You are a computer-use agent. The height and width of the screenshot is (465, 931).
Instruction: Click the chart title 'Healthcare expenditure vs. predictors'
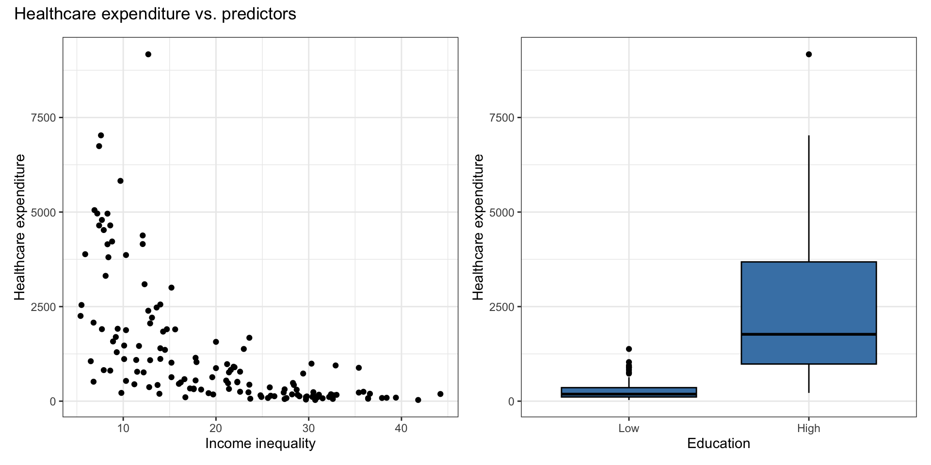pos(155,15)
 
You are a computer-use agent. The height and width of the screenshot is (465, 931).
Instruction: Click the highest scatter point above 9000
pos(148,54)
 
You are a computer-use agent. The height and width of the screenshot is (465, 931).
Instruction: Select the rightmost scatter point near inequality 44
pos(440,394)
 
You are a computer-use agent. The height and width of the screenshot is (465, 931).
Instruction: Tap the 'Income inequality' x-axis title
pos(260,443)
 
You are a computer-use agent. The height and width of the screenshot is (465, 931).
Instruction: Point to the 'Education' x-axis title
pos(719,443)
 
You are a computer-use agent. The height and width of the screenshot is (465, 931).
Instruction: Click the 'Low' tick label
pos(629,428)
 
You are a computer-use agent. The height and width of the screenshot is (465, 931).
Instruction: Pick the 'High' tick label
pos(809,428)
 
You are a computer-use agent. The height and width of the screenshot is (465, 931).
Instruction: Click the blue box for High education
pos(809,300)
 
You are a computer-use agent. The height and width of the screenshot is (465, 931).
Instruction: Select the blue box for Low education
pos(629,392)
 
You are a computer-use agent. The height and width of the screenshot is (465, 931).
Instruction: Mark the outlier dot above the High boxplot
pos(809,54)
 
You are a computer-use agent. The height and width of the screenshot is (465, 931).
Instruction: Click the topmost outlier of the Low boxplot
pos(629,349)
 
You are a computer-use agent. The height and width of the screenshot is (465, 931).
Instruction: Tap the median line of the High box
pos(809,334)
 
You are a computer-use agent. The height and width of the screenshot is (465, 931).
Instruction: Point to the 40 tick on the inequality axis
pos(401,428)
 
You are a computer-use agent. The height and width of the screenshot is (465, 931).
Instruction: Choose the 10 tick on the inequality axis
pos(123,428)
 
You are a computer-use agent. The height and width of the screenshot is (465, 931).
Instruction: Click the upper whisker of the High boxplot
pos(809,199)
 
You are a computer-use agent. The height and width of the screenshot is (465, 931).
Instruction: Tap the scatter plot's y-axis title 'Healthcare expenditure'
pos(19,227)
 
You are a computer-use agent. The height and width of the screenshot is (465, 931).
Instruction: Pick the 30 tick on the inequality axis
pos(308,428)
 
